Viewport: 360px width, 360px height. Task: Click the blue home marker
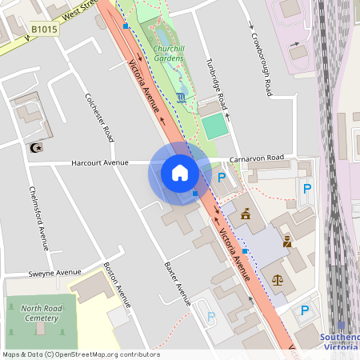click(x=180, y=173)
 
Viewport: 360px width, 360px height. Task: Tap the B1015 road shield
click(x=44, y=30)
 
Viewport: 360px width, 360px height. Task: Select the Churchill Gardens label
click(x=169, y=54)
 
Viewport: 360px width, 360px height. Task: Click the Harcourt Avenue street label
click(x=100, y=162)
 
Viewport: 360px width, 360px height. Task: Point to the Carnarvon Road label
click(x=256, y=158)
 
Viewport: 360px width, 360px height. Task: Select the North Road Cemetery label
click(x=40, y=313)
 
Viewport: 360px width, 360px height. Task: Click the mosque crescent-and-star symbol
click(x=34, y=147)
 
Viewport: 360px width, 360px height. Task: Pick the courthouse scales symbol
click(x=278, y=281)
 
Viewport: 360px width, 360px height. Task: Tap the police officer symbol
click(x=286, y=241)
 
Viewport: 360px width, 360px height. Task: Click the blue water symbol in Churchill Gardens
click(x=183, y=98)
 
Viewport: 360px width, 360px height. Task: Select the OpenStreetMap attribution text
click(x=80, y=354)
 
